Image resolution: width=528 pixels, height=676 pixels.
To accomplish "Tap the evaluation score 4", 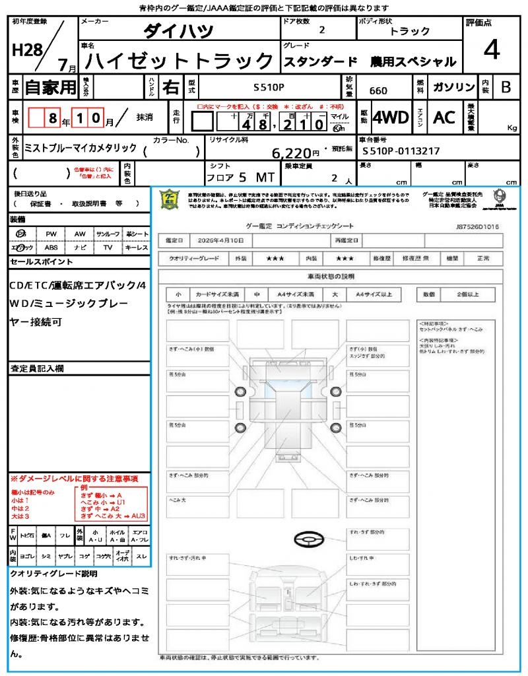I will (x=492, y=50).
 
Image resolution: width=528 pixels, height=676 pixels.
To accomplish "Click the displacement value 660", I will (x=378, y=91).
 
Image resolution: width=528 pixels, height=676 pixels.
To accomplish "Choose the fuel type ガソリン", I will (x=452, y=87).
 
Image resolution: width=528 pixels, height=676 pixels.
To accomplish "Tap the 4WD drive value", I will (x=391, y=118).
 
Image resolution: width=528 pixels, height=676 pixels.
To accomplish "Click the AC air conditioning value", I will (x=444, y=118).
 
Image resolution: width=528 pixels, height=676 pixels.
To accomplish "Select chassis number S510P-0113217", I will (x=401, y=151).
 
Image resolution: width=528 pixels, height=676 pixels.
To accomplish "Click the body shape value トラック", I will (x=410, y=31).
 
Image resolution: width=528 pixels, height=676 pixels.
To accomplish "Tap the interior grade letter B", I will (x=506, y=87).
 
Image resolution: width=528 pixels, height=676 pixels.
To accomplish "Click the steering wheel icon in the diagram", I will (x=308, y=541).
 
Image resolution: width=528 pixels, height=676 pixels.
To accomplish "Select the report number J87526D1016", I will (x=477, y=226).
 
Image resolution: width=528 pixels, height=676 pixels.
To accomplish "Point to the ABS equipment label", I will (x=51, y=248).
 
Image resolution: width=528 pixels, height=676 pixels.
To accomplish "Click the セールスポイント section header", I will (x=42, y=262).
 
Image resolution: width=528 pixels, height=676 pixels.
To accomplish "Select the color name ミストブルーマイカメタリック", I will (x=81, y=147).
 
